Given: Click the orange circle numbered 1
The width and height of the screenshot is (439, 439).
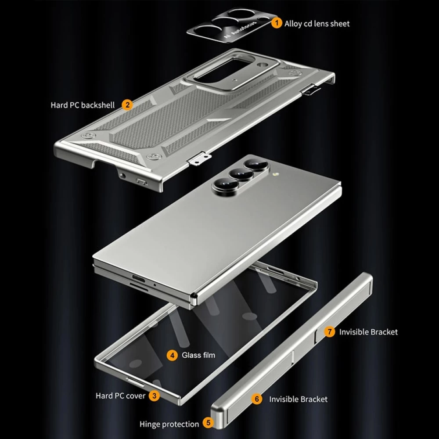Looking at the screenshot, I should (x=277, y=23).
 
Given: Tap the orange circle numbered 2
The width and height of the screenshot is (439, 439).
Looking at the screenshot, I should (x=127, y=105).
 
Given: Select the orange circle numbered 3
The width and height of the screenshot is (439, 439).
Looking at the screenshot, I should (x=154, y=396).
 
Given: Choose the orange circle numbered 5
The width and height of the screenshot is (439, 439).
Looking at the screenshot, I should (x=208, y=424).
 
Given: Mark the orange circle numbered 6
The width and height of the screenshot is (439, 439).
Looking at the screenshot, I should (x=257, y=399).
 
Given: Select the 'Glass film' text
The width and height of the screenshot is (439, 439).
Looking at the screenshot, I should (x=198, y=355).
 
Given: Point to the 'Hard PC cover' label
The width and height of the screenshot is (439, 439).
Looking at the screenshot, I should (x=120, y=396).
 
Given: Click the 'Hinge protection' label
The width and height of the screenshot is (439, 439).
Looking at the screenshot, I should (x=169, y=424).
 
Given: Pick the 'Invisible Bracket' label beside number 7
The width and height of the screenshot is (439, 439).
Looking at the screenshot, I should (x=368, y=332).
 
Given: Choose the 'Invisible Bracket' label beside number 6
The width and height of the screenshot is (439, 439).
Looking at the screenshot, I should (x=298, y=399).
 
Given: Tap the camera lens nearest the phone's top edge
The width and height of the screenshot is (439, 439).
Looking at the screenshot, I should (x=253, y=166).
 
